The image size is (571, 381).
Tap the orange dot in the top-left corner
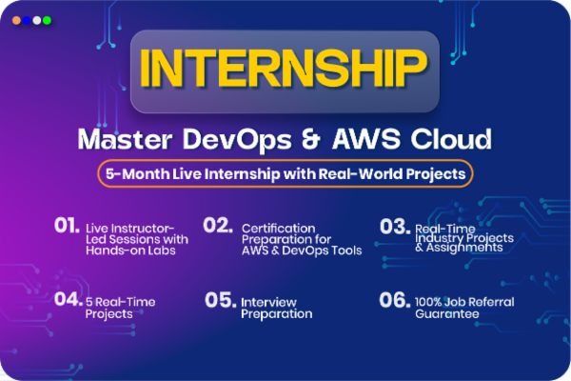[16, 19]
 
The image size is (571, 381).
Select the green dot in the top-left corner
[48, 19]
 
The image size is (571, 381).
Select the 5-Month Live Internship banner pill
[285, 174]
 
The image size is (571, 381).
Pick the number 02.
[218, 226]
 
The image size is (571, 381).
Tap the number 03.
[394, 230]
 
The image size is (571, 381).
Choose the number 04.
[67, 299]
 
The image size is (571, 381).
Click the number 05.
[220, 299]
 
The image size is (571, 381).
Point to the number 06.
[394, 299]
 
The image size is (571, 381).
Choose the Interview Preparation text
[277, 308]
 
